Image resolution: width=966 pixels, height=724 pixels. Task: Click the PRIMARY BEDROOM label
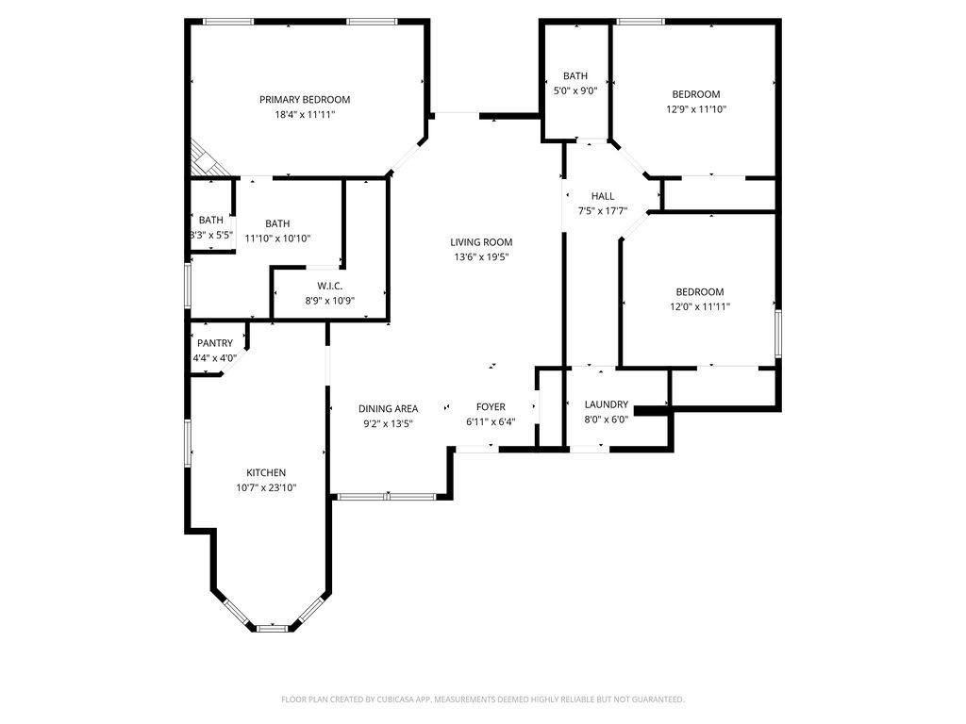point(305,100)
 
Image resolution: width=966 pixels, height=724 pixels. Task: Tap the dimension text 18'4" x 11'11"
point(305,114)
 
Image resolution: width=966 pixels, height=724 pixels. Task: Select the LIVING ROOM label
point(481,242)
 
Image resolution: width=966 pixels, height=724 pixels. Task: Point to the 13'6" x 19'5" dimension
point(481,256)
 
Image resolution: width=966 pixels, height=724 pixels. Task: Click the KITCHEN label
point(266,473)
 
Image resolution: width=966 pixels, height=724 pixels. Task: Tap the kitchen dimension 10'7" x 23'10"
point(266,487)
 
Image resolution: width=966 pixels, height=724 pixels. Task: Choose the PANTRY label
point(214,343)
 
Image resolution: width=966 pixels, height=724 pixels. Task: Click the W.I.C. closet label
point(329,286)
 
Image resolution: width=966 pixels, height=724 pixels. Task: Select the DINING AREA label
point(388,408)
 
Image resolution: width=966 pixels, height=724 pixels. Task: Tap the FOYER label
point(491,407)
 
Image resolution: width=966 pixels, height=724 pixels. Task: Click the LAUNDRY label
point(606,404)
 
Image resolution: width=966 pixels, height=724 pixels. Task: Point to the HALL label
point(603,196)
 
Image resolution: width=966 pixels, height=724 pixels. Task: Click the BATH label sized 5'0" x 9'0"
point(575,76)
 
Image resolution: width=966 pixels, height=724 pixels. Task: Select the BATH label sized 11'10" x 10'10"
point(277,223)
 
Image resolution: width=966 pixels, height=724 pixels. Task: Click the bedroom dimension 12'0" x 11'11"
point(700,306)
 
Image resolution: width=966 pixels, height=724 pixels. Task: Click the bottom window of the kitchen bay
point(273,627)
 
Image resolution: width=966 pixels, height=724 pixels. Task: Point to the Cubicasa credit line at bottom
point(483,699)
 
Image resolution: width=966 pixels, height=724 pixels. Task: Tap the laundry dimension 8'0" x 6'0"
point(606,419)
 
